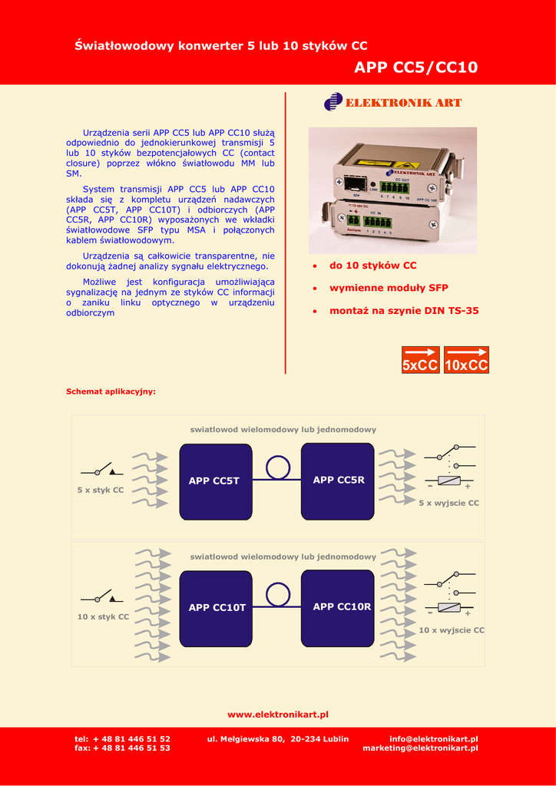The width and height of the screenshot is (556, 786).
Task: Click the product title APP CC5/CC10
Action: (x=415, y=68)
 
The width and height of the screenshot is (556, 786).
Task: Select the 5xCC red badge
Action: (x=421, y=360)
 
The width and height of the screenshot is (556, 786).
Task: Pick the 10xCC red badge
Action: (x=466, y=360)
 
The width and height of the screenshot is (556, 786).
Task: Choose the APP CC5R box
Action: (x=338, y=480)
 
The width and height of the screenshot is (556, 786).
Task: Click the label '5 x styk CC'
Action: (x=100, y=490)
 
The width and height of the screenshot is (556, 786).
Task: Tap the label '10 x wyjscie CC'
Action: (x=452, y=630)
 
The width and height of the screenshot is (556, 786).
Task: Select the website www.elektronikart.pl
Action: (x=278, y=715)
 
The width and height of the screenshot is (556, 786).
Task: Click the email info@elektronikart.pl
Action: (x=434, y=739)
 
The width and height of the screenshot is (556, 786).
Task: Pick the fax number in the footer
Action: (x=122, y=748)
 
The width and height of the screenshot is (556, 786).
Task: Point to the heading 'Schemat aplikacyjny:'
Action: (x=111, y=391)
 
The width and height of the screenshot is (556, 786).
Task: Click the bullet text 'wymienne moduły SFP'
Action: (x=389, y=288)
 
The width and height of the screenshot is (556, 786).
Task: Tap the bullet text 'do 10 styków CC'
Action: (x=372, y=266)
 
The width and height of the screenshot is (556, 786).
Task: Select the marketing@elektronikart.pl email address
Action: (x=420, y=748)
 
